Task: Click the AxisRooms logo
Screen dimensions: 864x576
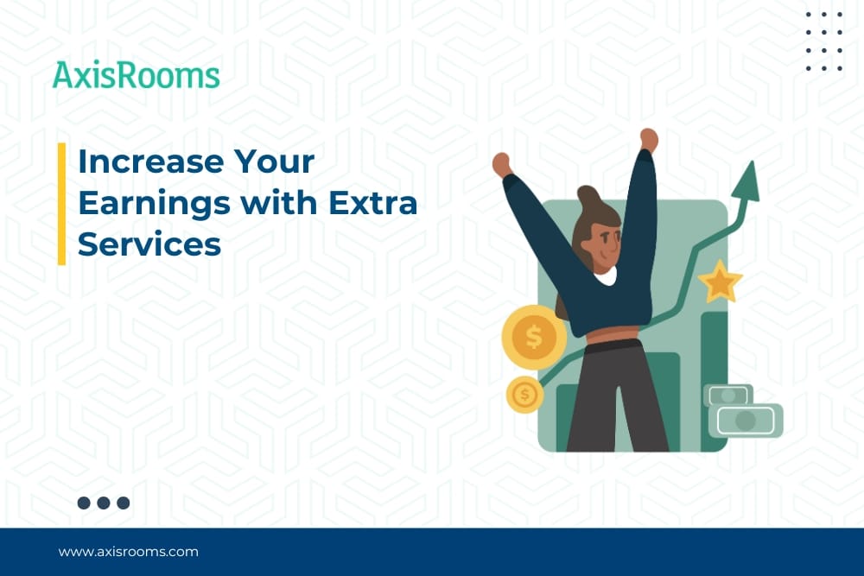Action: [137, 75]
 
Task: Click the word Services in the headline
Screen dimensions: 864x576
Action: [149, 244]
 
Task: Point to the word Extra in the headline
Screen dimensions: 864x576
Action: [373, 202]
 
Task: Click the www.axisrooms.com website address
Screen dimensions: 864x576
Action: [129, 552]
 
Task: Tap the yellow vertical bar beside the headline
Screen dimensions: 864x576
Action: [61, 204]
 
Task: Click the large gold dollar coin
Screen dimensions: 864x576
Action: [533, 337]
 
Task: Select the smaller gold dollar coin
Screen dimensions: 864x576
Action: [524, 395]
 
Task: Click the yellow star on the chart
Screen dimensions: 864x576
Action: [721, 282]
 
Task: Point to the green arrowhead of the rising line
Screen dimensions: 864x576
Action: [746, 183]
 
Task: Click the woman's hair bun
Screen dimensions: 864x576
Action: [588, 196]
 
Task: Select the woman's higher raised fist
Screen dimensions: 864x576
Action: [649, 140]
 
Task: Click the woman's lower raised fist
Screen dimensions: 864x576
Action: [502, 164]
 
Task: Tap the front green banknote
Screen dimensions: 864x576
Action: [745, 421]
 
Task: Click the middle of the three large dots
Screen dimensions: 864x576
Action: [104, 503]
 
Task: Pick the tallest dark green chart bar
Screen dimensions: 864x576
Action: [715, 381]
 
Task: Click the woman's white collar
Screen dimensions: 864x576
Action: [606, 277]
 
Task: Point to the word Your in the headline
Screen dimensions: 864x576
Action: [274, 161]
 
